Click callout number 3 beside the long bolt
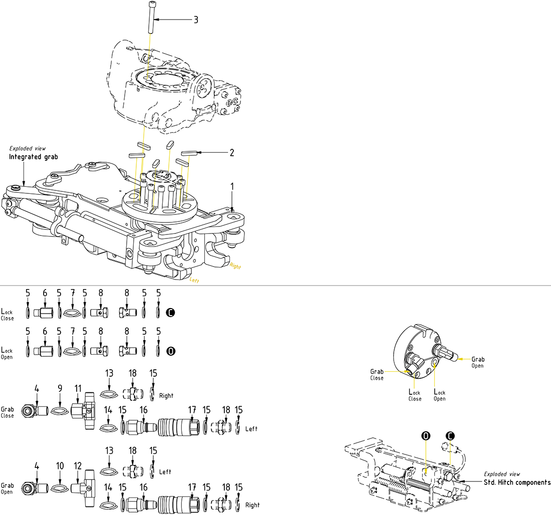click(196, 20)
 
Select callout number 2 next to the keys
click(231, 152)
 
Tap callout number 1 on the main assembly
click(232, 186)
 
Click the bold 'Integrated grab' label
click(34, 157)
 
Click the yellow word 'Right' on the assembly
click(235, 267)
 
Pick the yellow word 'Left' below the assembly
click(194, 281)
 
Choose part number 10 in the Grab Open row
click(60, 465)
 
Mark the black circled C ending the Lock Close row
click(171, 313)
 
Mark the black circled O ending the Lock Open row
click(171, 351)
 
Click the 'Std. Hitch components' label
click(516, 482)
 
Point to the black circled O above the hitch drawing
click(426, 436)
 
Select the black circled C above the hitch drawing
click(450, 436)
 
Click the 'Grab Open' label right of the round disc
click(477, 362)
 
